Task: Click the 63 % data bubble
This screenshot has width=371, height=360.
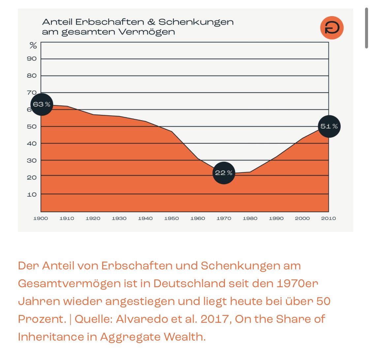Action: (42, 104)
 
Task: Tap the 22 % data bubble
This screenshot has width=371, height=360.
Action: (224, 173)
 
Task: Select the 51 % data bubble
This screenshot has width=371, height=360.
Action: (329, 126)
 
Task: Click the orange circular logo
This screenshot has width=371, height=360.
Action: (332, 28)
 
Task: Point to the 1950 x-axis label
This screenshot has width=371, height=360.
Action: (171, 218)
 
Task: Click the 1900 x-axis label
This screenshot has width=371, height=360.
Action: (41, 218)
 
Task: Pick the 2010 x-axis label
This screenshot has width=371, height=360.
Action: (328, 218)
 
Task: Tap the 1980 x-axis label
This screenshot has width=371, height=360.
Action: (250, 218)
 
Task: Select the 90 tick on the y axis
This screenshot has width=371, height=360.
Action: (32, 59)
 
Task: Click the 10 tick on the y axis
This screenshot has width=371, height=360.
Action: (32, 194)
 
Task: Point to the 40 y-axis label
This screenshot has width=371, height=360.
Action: (32, 144)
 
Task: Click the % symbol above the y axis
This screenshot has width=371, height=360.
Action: (33, 45)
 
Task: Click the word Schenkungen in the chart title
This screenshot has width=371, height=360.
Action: (196, 22)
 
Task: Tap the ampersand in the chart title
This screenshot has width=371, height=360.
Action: (151, 22)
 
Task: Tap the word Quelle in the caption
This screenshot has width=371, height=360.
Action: (93, 319)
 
